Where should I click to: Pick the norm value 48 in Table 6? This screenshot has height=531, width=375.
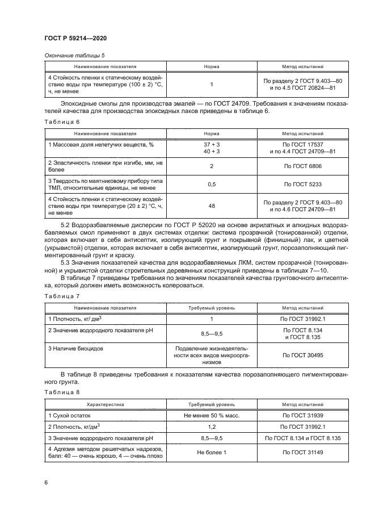pos(212,206)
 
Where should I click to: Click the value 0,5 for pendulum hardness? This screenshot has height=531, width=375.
pos(212,185)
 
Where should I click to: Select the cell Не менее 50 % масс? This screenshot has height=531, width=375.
pos(212,416)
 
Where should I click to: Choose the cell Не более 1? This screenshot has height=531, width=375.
pos(212,453)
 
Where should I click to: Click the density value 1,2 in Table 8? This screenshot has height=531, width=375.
pos(212,427)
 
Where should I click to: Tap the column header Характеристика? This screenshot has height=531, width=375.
pos(104,404)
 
